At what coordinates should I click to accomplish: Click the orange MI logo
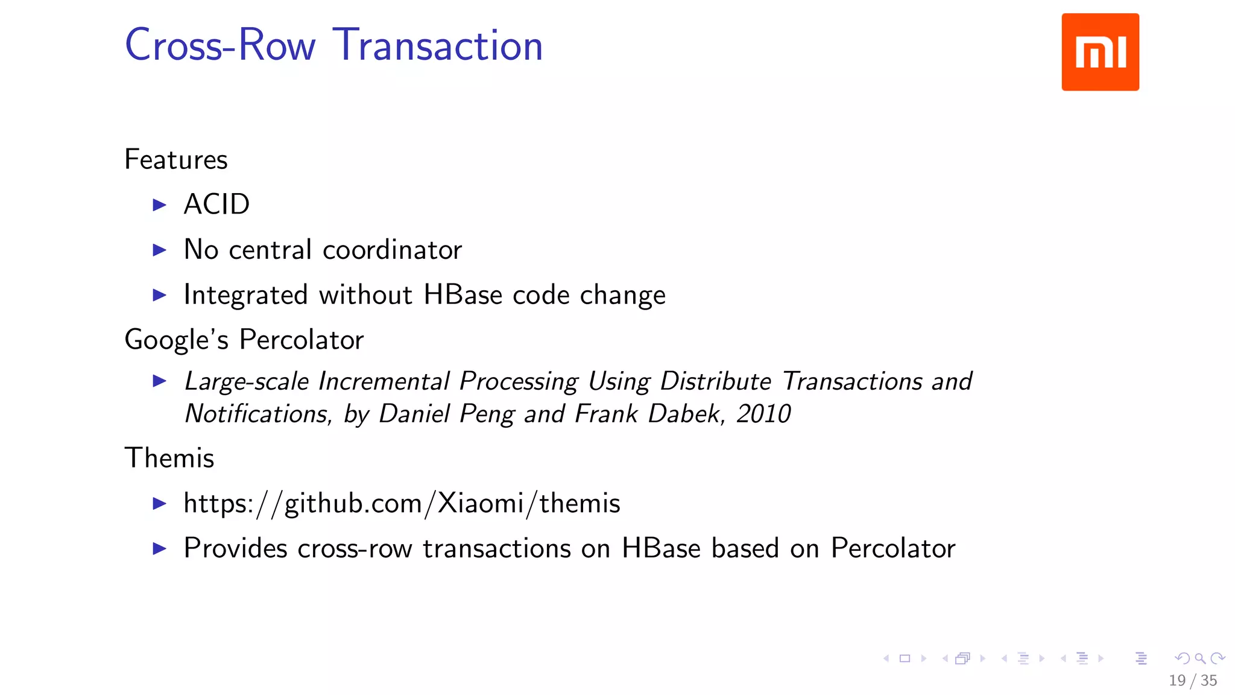[1100, 52]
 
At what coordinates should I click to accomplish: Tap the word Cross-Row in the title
[220, 45]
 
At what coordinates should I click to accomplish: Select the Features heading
[176, 160]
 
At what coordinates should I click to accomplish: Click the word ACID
[216, 205]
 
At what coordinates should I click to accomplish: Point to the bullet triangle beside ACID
[159, 205]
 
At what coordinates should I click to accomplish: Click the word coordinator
[392, 250]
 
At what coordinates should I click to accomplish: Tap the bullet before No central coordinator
[159, 250]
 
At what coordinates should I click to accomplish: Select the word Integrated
[246, 296]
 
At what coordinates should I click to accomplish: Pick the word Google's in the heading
[176, 340]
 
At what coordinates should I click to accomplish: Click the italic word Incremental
[384, 381]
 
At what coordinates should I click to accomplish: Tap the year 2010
[763, 414]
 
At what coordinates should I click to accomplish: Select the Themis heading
[169, 458]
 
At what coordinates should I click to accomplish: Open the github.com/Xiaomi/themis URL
[402, 503]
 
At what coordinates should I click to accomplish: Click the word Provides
[235, 548]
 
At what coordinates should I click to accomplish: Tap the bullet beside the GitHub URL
[159, 503]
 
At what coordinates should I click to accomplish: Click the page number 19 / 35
[1192, 681]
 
